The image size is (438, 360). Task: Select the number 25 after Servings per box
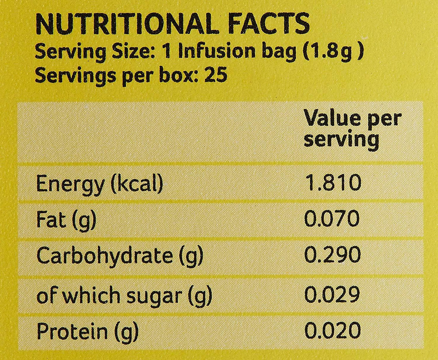click(x=216, y=76)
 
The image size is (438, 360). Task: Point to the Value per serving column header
click(x=352, y=129)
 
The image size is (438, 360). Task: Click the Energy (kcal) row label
click(x=100, y=184)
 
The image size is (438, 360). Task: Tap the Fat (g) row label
click(x=66, y=220)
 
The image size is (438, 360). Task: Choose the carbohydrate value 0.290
click(x=332, y=255)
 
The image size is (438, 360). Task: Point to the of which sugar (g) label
click(x=124, y=296)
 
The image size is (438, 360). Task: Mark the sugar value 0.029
click(x=332, y=295)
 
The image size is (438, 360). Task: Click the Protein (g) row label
click(x=87, y=332)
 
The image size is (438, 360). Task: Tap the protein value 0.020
click(x=332, y=331)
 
